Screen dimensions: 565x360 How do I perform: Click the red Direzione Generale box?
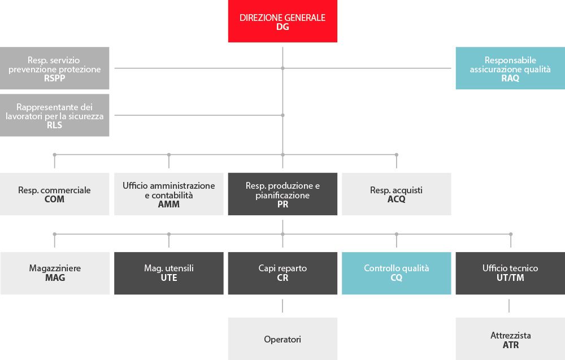click(282, 21)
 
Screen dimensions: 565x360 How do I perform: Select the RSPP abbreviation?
click(54, 78)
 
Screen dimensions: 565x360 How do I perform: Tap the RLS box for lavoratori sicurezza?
click(54, 115)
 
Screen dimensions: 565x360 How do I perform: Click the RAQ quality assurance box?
click(510, 68)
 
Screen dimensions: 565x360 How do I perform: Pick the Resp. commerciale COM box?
click(54, 194)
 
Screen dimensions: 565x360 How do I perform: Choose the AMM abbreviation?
click(168, 205)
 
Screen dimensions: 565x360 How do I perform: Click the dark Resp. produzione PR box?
click(282, 194)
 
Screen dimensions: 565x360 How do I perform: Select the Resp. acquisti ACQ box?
click(397, 194)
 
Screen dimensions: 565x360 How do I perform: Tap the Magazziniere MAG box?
click(55, 273)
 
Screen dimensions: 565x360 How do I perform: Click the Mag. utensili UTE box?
click(168, 273)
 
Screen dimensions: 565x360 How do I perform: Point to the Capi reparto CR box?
click(282, 273)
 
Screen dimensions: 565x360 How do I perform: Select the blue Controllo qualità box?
click(397, 273)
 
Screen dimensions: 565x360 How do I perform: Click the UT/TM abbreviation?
click(510, 278)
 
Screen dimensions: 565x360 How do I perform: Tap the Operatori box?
click(282, 339)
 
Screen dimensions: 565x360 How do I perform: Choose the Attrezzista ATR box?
click(510, 339)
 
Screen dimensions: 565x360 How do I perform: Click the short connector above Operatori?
click(282, 306)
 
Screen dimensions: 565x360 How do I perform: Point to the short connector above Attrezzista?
click(509, 306)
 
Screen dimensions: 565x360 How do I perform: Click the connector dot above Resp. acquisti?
click(397, 155)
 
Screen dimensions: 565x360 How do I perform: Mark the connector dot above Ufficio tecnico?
click(511, 234)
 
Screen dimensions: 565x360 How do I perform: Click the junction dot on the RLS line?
click(283, 115)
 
